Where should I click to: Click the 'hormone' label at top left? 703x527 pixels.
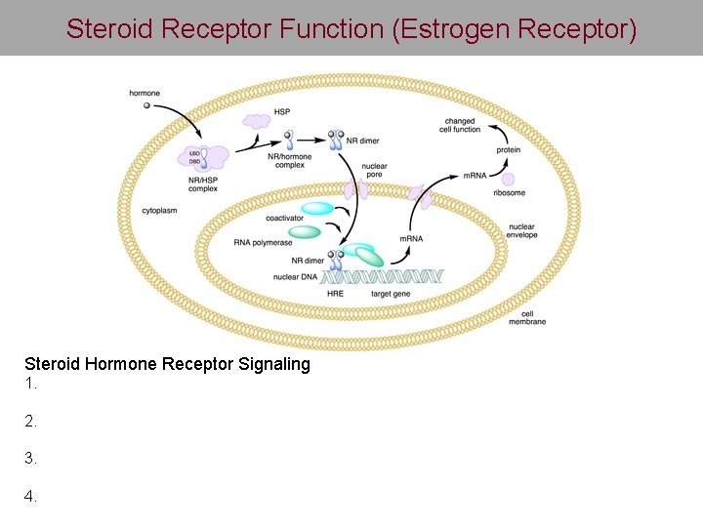pyautogui.click(x=145, y=94)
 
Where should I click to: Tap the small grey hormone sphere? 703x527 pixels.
pyautogui.click(x=147, y=105)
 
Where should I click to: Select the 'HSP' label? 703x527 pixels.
pyautogui.click(x=282, y=112)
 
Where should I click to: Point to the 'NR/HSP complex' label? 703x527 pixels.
pyautogui.click(x=203, y=184)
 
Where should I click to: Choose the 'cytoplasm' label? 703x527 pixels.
pyautogui.click(x=159, y=211)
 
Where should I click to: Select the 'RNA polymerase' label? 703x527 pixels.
pyautogui.click(x=264, y=242)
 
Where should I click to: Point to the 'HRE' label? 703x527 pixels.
pyautogui.click(x=335, y=293)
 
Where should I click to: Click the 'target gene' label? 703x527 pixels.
pyautogui.click(x=391, y=293)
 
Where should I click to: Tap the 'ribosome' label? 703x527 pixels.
pyautogui.click(x=509, y=193)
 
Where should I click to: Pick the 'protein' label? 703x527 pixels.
pyautogui.click(x=508, y=150)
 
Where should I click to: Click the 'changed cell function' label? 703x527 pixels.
pyautogui.click(x=460, y=125)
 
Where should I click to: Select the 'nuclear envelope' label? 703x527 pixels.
pyautogui.click(x=522, y=231)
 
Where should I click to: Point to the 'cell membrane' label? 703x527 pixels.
pyautogui.click(x=532, y=317)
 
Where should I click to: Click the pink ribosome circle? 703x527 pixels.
pyautogui.click(x=508, y=180)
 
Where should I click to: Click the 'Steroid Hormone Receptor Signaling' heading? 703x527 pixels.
pyautogui.click(x=167, y=364)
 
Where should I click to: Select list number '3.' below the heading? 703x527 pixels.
pyautogui.click(x=30, y=458)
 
